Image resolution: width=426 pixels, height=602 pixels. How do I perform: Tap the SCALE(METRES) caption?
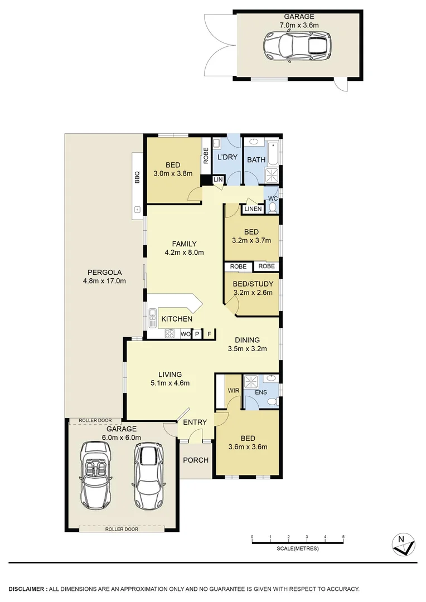(297, 548)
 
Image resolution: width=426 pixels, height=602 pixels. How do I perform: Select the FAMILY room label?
(183, 244)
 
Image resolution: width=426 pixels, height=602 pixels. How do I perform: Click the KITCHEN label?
(177, 319)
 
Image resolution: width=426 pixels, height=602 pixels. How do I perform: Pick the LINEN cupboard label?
(252, 209)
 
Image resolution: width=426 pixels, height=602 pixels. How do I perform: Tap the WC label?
(273, 198)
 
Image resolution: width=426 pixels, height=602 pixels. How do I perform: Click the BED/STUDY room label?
(253, 284)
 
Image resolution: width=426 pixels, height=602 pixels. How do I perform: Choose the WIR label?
(234, 391)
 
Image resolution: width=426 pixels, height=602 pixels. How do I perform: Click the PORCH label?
(196, 460)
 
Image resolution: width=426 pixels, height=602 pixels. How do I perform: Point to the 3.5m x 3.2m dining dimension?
(248, 349)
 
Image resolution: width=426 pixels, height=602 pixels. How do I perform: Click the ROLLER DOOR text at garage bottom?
(121, 529)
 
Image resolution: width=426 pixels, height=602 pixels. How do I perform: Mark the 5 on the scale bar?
(343, 537)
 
